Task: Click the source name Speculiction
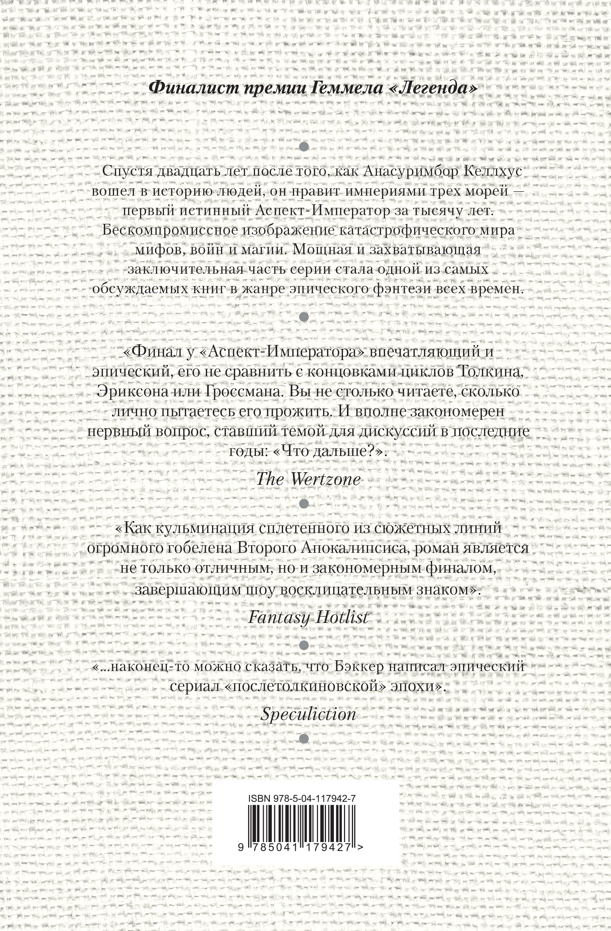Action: [308, 714]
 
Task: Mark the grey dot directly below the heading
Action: [304, 147]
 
